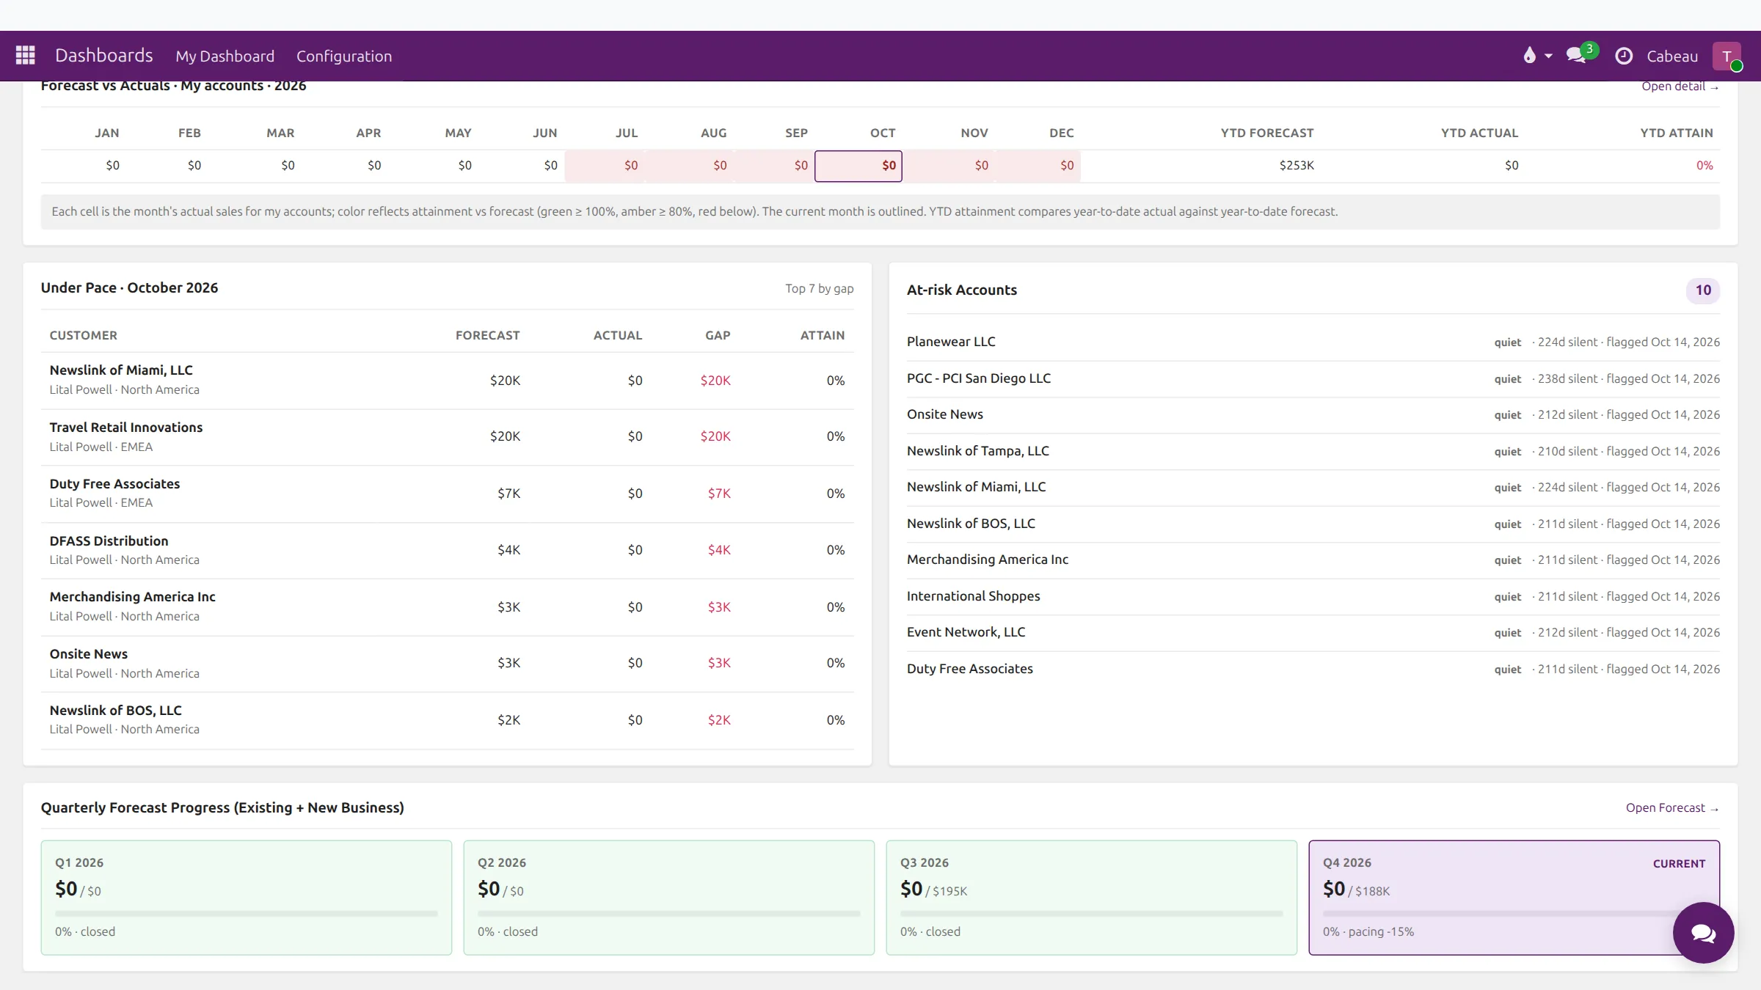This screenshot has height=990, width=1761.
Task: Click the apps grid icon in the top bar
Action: tap(26, 55)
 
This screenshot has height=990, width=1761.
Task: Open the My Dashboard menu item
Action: tap(225, 56)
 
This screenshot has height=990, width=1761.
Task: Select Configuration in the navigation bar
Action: tap(344, 56)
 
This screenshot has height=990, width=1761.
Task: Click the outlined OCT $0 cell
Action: tap(858, 166)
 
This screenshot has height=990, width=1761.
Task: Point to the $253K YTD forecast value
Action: tap(1297, 166)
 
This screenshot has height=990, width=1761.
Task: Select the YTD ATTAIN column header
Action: tap(1677, 133)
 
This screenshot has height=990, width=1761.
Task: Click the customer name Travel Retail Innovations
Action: tap(126, 428)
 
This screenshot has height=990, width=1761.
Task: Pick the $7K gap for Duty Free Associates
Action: tap(719, 494)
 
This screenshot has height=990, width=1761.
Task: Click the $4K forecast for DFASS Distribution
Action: tap(508, 550)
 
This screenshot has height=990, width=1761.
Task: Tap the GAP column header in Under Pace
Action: tap(718, 335)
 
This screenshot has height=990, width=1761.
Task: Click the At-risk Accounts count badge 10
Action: tap(1703, 290)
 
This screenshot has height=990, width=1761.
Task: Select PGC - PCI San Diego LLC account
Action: tap(979, 378)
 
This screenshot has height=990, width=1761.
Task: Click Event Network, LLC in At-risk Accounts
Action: tap(966, 632)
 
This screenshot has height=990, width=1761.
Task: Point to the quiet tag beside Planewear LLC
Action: tap(1508, 342)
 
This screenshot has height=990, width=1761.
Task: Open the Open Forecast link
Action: tap(1672, 808)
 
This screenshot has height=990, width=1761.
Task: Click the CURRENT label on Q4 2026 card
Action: tap(1679, 864)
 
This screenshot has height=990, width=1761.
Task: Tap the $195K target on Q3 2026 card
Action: tap(949, 891)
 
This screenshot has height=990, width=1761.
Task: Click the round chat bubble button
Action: tap(1703, 933)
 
